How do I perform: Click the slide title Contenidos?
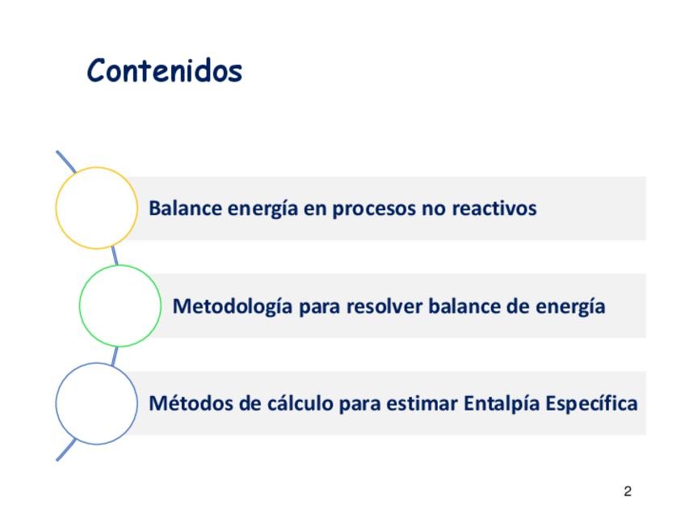click(x=165, y=71)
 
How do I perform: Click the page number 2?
click(x=628, y=491)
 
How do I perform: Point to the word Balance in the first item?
click(x=185, y=208)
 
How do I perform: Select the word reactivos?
click(x=494, y=208)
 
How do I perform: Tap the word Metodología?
click(x=233, y=307)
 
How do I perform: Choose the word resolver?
click(x=384, y=306)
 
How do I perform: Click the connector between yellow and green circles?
click(x=115, y=255)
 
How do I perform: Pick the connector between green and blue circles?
click(x=115, y=356)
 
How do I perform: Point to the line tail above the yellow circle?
click(x=66, y=162)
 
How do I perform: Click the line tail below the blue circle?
click(x=66, y=449)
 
